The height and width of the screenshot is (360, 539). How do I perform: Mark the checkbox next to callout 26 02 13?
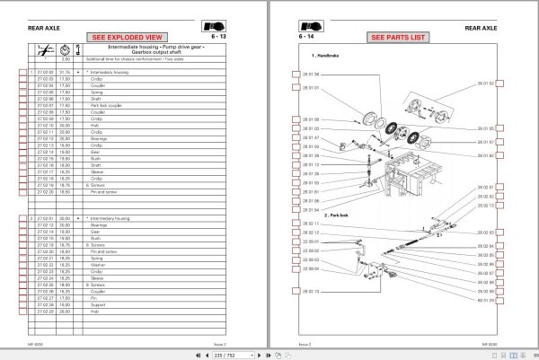pos(501,206)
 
